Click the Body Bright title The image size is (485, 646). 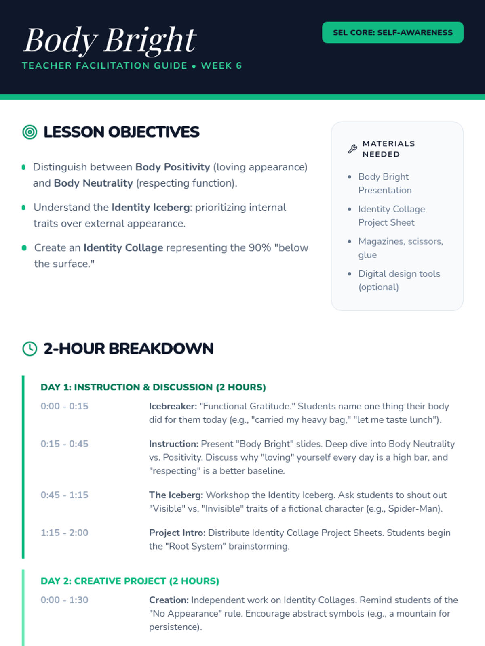110,41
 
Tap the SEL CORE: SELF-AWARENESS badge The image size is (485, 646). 392,32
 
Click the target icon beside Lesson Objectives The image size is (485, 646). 30,132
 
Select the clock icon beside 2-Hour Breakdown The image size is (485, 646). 30,349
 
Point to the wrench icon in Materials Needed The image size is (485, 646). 352,149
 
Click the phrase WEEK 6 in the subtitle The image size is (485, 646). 221,66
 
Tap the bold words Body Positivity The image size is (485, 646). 173,167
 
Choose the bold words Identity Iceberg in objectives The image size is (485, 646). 150,208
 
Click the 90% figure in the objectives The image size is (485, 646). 260,248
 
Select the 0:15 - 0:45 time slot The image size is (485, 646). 65,444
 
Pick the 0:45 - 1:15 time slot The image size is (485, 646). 65,495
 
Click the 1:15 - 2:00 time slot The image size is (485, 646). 65,533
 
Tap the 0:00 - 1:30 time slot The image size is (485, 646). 65,600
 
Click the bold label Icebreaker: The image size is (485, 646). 173,406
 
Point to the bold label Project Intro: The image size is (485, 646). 177,533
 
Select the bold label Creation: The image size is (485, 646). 169,600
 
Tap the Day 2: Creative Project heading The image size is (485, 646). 130,581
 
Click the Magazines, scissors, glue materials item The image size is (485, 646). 401,248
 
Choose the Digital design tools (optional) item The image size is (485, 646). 399,281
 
